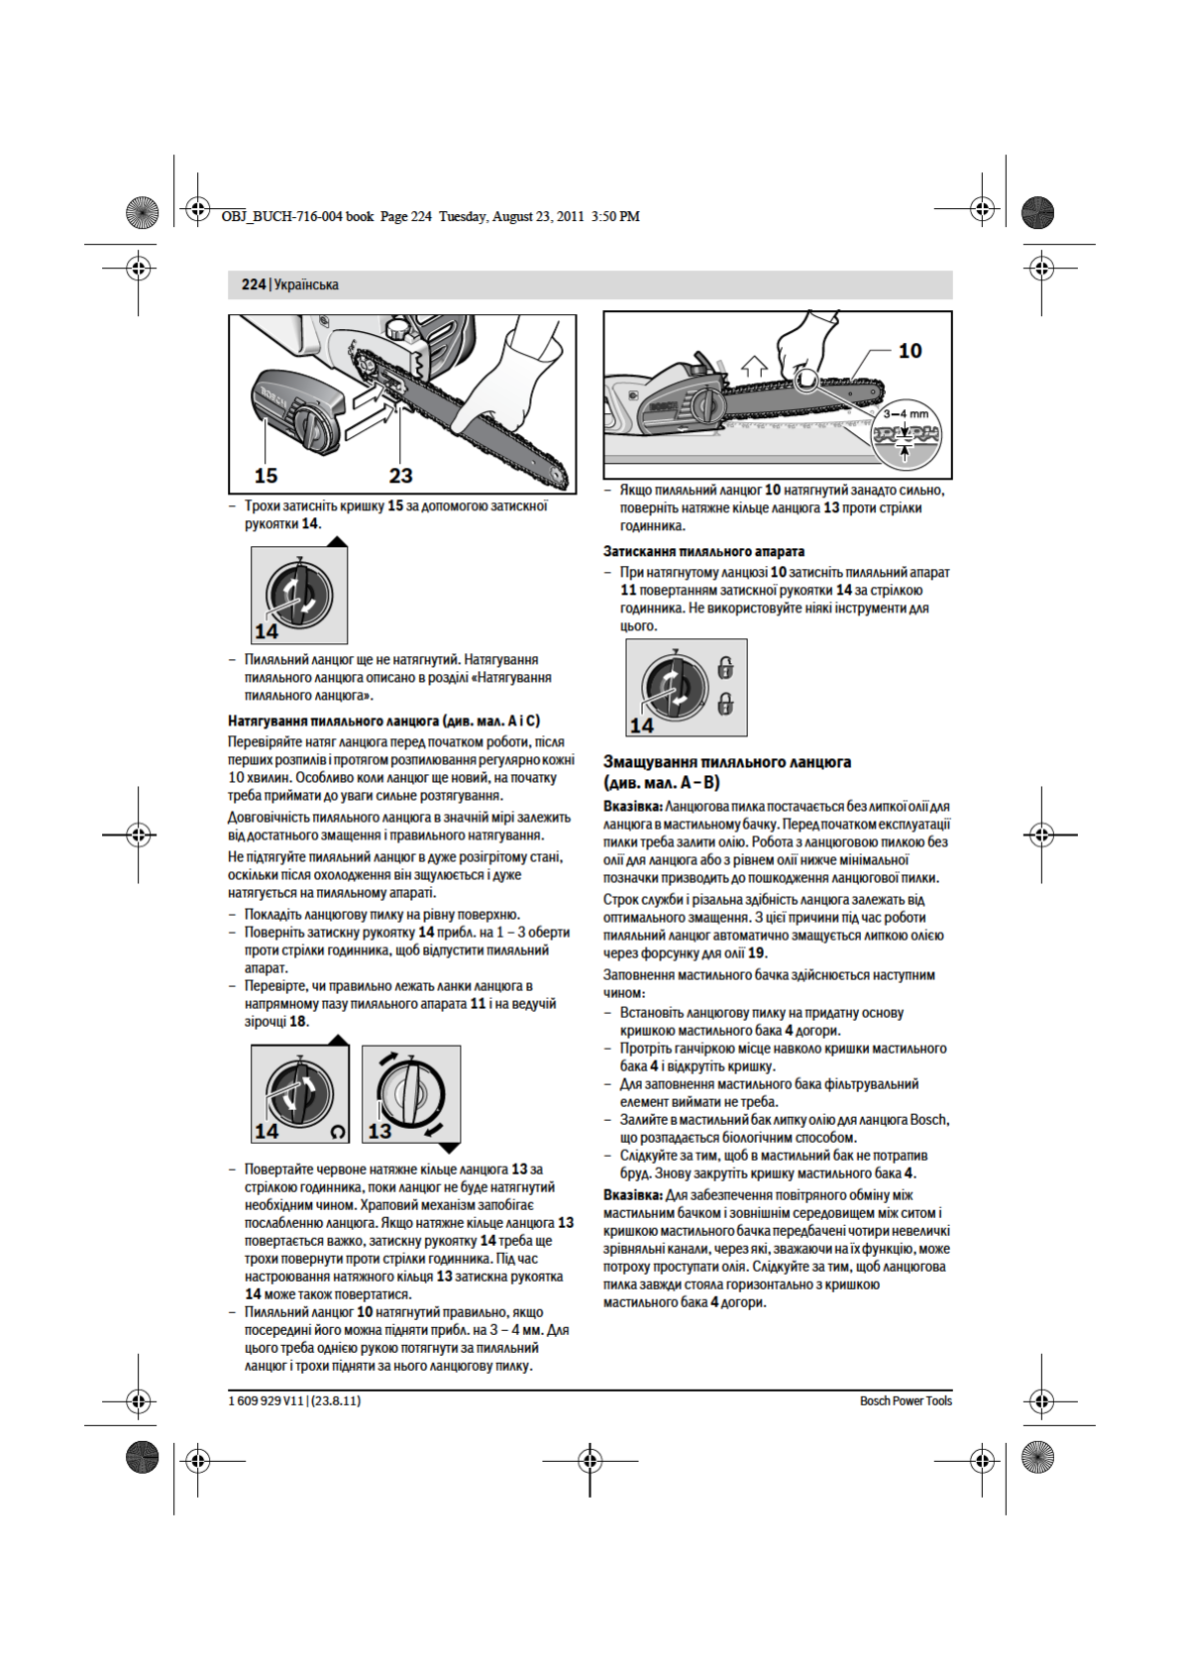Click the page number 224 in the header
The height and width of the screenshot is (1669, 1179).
coord(253,284)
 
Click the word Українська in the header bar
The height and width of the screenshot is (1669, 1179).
coord(306,284)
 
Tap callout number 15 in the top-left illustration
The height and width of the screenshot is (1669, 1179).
coord(266,476)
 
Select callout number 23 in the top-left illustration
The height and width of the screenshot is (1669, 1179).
coord(400,476)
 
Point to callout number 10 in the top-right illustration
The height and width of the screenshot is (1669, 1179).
coord(910,351)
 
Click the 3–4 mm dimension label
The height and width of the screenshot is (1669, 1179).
coord(906,414)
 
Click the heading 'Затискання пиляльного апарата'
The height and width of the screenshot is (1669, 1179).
coord(703,551)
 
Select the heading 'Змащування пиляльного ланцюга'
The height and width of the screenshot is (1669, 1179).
coord(727,762)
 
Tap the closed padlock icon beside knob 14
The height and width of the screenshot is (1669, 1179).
coord(725,704)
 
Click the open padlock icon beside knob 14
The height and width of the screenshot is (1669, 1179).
coord(725,667)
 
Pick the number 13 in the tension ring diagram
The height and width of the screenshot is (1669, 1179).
coord(379,1131)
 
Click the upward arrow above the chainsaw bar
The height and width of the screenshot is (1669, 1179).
coord(754,366)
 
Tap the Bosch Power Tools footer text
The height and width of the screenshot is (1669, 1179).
coord(906,1400)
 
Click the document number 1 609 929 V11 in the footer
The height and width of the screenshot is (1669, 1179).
coord(266,1400)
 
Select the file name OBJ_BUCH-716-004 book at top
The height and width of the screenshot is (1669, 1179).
coord(297,216)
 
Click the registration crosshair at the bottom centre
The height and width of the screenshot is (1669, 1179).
coord(589,1460)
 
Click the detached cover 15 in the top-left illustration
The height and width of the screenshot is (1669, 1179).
coord(297,411)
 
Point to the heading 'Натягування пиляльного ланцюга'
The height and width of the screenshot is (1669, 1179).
coord(383,721)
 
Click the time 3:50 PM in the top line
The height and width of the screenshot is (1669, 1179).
coord(615,216)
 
